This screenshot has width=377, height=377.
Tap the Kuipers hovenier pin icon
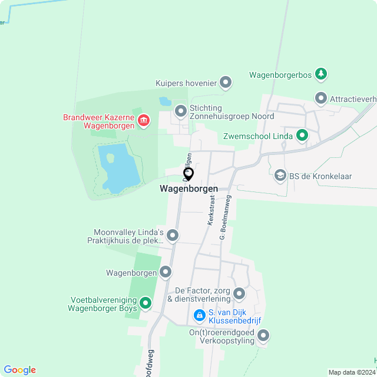pyautogui.click(x=225, y=82)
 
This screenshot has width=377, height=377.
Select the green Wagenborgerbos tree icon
pyautogui.click(x=320, y=74)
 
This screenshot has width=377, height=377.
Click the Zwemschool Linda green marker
pyautogui.click(x=302, y=136)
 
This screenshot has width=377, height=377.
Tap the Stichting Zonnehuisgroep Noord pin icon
pyautogui.click(x=181, y=110)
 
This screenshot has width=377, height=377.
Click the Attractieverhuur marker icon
pyautogui.click(x=320, y=98)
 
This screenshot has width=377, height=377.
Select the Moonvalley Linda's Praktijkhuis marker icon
pyautogui.click(x=173, y=236)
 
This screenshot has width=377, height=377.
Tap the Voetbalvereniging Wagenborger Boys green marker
pyautogui.click(x=145, y=304)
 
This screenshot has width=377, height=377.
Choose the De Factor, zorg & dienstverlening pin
pyautogui.click(x=239, y=293)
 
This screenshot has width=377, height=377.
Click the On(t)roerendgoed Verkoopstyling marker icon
pyautogui.click(x=263, y=336)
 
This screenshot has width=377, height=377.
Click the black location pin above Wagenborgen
pyautogui.click(x=188, y=174)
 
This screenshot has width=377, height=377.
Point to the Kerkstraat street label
pyautogui.click(x=211, y=210)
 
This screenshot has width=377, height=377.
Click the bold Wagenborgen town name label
pyautogui.click(x=188, y=189)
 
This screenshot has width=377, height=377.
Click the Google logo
pyautogui.click(x=19, y=370)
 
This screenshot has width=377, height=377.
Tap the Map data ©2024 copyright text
pyautogui.click(x=351, y=372)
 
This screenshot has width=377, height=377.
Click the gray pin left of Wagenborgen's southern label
pyautogui.click(x=166, y=272)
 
